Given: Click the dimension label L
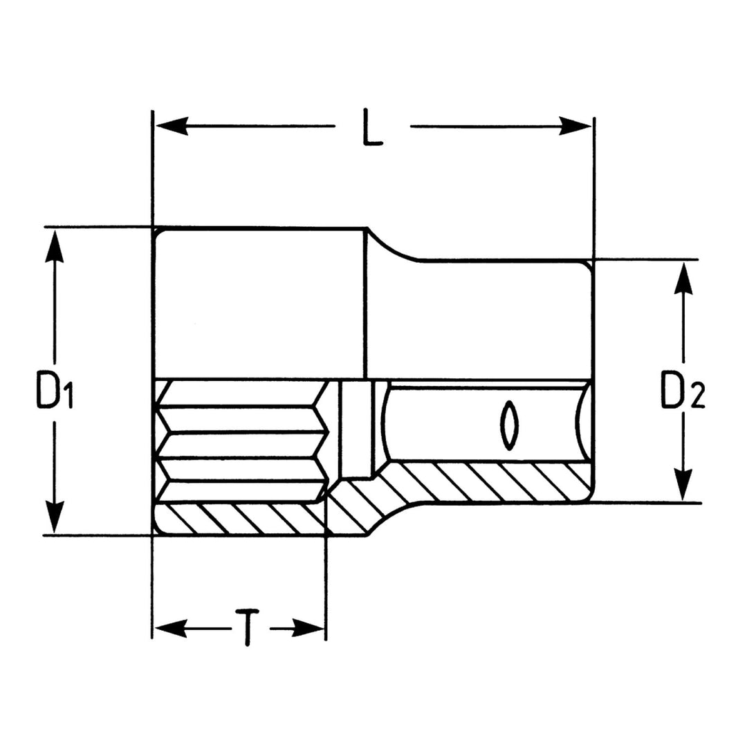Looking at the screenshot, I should coord(372,127).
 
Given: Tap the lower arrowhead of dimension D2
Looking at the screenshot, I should coord(683,483).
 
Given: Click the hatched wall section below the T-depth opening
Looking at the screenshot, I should coord(239,519).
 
